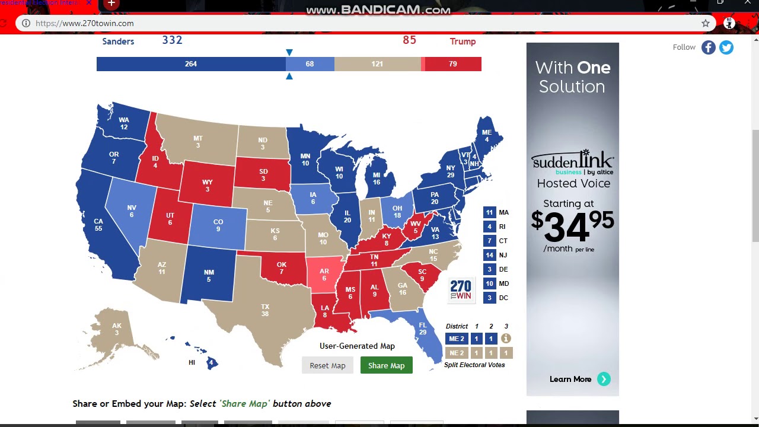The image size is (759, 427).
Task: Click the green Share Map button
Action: coord(386,365)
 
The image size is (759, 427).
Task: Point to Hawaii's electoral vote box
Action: coord(211,363)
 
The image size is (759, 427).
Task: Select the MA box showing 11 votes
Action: coord(489,212)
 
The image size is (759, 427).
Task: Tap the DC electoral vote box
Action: coord(489,298)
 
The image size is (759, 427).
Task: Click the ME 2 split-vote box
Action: coord(457,339)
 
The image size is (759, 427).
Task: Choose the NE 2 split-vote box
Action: coord(457,353)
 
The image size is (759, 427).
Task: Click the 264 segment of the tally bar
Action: coord(191,64)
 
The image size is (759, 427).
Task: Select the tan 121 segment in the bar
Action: coord(377,64)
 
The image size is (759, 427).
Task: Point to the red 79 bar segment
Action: coord(453,64)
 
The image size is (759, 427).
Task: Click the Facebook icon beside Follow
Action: coord(709,47)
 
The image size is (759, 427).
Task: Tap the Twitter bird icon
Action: coord(726,47)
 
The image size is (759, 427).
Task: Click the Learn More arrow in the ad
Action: coord(604,379)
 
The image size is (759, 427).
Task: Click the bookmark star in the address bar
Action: coord(706,23)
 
